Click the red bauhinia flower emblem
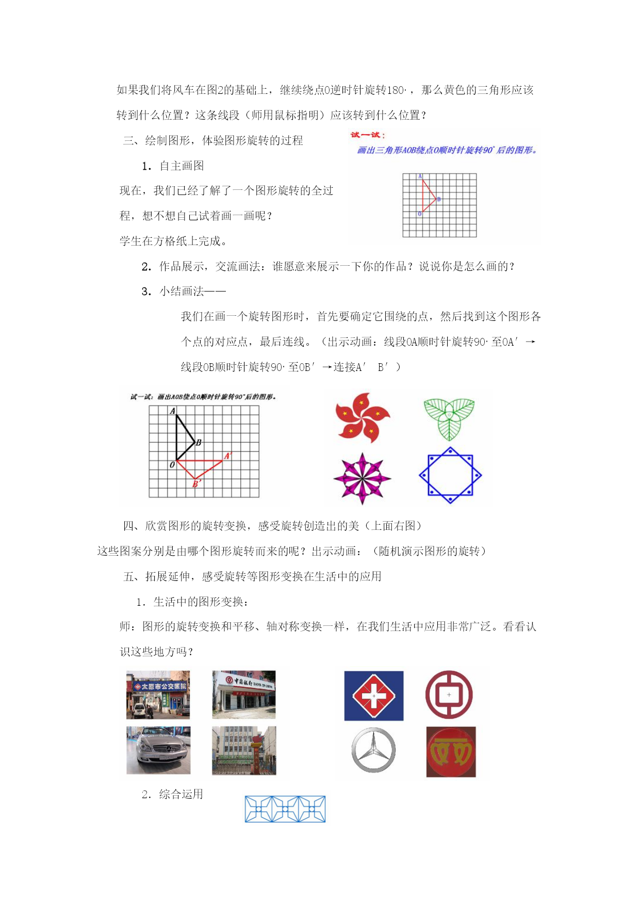(x=362, y=417)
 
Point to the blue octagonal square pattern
(x=450, y=475)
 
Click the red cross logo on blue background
(x=374, y=696)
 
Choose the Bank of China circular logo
(x=449, y=694)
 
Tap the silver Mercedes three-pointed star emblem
(x=373, y=750)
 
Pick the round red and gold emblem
(x=451, y=752)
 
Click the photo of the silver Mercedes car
(x=158, y=750)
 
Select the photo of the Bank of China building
(x=244, y=694)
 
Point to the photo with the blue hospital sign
(x=158, y=694)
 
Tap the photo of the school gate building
(x=244, y=750)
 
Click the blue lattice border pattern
(x=285, y=809)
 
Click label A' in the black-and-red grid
(x=228, y=456)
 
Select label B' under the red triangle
(x=196, y=484)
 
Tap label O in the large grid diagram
(x=172, y=465)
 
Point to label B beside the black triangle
(x=199, y=442)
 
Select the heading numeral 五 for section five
(x=128, y=576)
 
